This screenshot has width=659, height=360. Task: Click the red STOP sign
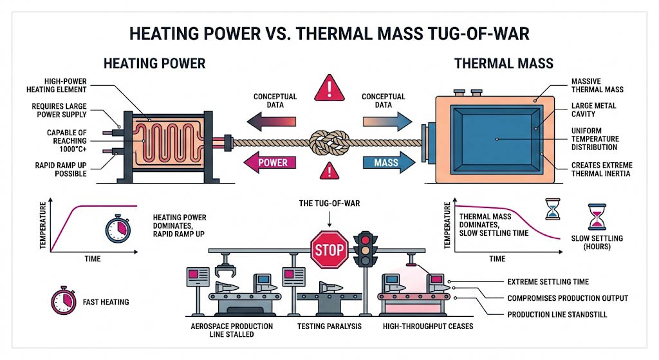click(x=329, y=249)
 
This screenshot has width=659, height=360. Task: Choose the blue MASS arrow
click(x=387, y=163)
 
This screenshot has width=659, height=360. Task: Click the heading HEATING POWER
click(x=154, y=64)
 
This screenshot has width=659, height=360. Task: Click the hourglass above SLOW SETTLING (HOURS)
click(x=598, y=217)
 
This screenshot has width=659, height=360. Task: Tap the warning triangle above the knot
click(x=329, y=88)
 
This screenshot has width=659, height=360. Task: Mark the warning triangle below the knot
click(x=329, y=171)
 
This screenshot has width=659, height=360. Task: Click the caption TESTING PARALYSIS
click(x=329, y=327)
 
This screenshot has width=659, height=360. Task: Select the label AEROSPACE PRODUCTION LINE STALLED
click(x=232, y=330)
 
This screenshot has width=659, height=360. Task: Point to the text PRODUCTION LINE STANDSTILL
click(x=557, y=314)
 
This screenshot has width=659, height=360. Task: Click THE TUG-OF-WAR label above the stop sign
click(x=329, y=204)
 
